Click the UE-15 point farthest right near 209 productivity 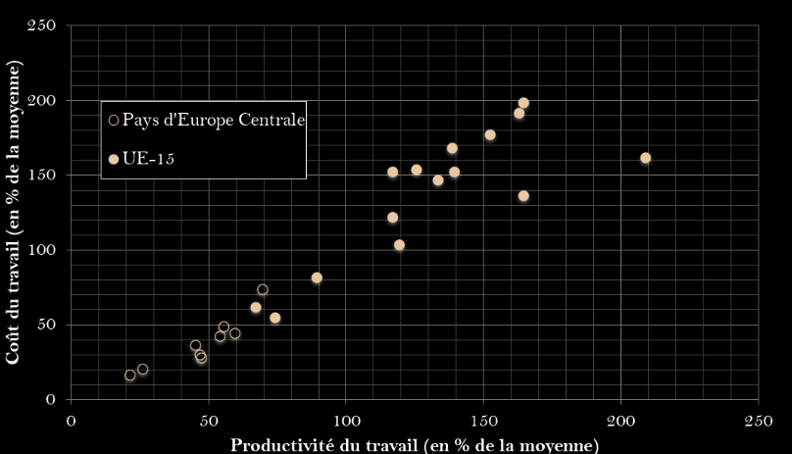pyautogui.click(x=645, y=158)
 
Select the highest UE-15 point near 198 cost pyautogui.click(x=523, y=103)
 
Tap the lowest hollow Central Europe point pyautogui.click(x=129, y=376)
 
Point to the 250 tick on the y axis pyautogui.click(x=43, y=25)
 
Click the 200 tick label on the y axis pyautogui.click(x=43, y=101)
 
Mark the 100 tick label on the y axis pyautogui.click(x=43, y=250)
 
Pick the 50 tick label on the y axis pyautogui.click(x=47, y=325)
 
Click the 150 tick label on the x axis pyautogui.click(x=483, y=421)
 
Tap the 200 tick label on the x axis pyautogui.click(x=620, y=421)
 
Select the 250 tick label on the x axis pyautogui.click(x=758, y=421)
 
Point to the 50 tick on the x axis pyautogui.click(x=208, y=421)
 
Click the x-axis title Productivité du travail pyautogui.click(x=414, y=445)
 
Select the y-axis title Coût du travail pyautogui.click(x=14, y=212)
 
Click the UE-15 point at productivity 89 pyautogui.click(x=317, y=277)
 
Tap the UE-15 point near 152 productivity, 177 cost pyautogui.click(x=490, y=135)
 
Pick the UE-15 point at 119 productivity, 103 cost pyautogui.click(x=399, y=245)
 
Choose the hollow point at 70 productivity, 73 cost pyautogui.click(x=263, y=289)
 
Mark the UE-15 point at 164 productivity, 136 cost pyautogui.click(x=523, y=196)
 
